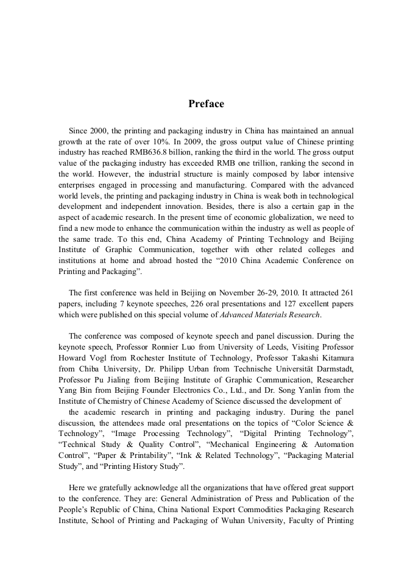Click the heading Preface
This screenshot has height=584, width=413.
click(206, 104)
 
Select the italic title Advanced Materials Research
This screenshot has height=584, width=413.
click(269, 315)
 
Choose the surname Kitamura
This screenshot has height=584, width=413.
click(336, 357)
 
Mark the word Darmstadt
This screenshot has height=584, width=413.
click(333, 368)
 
